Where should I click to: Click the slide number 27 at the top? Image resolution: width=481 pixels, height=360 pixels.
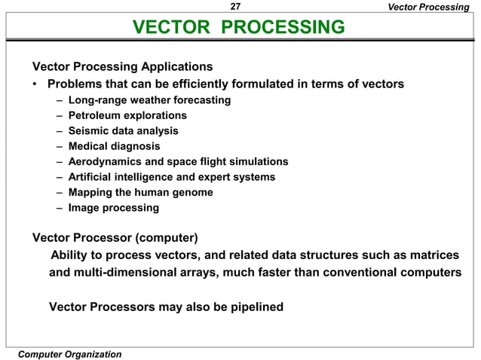tap(235, 7)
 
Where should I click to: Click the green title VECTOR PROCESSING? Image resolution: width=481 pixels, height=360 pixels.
tap(239, 29)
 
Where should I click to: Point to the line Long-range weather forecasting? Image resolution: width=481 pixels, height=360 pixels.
tap(149, 99)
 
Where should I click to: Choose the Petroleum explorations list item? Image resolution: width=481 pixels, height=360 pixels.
tap(127, 115)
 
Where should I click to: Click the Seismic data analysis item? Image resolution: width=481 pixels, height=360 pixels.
tap(123, 130)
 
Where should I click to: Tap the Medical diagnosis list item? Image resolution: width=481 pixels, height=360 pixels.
tap(114, 146)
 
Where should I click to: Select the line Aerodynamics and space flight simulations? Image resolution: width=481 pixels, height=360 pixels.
tap(178, 161)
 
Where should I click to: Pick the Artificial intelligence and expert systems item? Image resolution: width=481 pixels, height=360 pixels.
tap(171, 177)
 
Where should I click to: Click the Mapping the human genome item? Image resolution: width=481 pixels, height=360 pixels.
tap(140, 192)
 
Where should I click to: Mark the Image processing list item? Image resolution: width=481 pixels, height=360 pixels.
tap(114, 207)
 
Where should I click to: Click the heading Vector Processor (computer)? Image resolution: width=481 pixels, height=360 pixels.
tap(115, 239)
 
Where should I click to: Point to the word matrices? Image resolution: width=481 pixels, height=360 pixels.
tap(432, 256)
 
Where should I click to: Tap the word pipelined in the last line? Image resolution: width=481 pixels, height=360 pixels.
tap(253, 307)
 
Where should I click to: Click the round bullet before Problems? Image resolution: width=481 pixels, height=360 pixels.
tap(36, 84)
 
